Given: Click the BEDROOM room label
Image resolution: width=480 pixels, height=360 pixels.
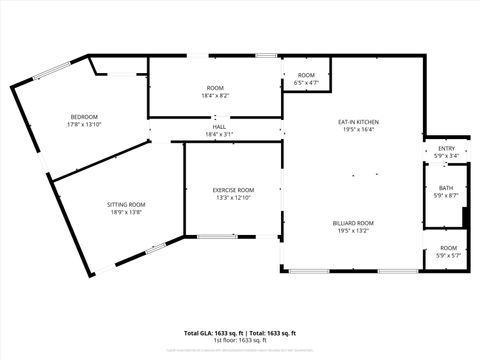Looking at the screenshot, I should point(83,116).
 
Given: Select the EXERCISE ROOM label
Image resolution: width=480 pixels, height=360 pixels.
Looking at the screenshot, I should point(233,190).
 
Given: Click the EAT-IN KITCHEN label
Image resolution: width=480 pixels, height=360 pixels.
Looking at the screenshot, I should point(358,122).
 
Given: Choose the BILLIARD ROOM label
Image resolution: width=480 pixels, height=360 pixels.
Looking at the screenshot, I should point(353,223).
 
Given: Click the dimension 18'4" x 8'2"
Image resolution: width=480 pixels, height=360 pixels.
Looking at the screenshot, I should point(216,96).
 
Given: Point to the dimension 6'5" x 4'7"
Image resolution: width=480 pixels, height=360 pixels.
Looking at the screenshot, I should point(306,83).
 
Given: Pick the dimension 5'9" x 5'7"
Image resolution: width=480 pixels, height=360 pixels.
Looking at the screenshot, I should point(448,255).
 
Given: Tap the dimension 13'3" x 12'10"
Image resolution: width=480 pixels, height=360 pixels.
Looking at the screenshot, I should point(233,197).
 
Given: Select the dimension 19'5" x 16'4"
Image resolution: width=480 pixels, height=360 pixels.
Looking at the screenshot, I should point(358,129).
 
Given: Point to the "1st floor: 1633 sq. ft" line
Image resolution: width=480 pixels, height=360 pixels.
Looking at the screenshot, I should point(240,339).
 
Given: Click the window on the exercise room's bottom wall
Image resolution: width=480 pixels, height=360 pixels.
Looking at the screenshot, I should point(217,237).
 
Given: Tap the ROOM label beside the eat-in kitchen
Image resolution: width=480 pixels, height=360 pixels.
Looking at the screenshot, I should point(306,76).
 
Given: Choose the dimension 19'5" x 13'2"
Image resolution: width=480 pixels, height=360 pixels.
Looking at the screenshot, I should point(353,230).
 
